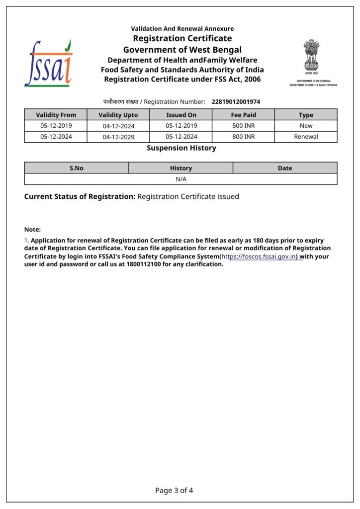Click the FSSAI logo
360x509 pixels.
(48, 64)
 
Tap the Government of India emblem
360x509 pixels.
(312, 56)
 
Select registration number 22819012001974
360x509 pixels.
(236, 102)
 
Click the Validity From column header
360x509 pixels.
(56, 115)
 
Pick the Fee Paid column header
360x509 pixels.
(244, 115)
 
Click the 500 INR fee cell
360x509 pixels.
(244, 126)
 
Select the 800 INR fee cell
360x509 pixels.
(244, 137)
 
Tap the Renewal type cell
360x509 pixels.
(306, 137)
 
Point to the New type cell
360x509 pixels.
(306, 126)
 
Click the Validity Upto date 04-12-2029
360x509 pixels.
(119, 137)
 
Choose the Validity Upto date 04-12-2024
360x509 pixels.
(119, 126)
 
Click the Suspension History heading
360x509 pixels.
(181, 148)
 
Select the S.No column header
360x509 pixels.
(77, 168)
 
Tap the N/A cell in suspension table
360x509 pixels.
(181, 179)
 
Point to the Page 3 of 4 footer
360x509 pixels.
(174, 491)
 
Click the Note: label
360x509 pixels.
(32, 229)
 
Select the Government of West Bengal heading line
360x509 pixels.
(182, 50)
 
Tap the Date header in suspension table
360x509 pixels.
(285, 168)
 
